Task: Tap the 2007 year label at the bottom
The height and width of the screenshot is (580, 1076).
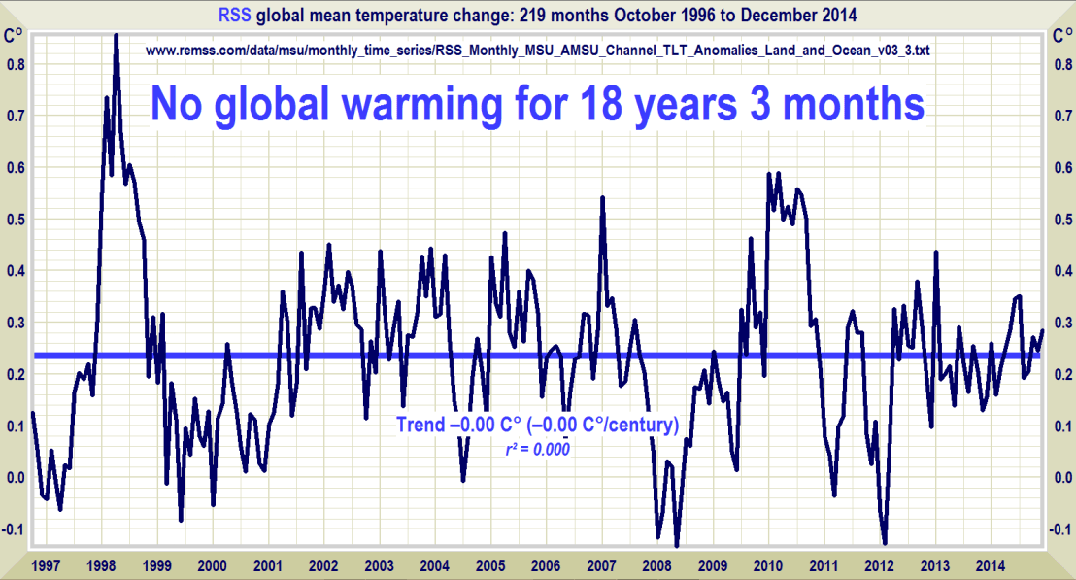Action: [602, 564]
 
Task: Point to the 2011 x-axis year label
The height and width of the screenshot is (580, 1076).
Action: [825, 564]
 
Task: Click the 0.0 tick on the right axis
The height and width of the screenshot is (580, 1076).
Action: [1062, 477]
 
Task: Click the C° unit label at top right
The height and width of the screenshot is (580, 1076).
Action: [1062, 36]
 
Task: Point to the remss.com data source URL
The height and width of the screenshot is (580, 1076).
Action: [538, 50]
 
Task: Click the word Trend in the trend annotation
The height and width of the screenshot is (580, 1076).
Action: [422, 425]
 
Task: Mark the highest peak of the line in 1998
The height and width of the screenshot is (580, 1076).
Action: [116, 36]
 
